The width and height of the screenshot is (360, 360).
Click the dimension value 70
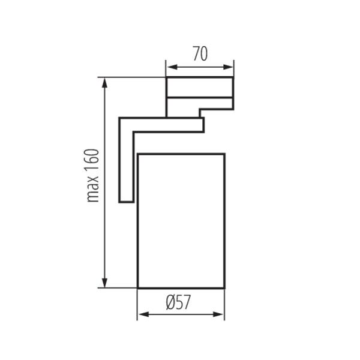[x=200, y=53]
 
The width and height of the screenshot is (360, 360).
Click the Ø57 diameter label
[x=178, y=302]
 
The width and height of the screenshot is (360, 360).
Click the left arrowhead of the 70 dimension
[x=172, y=67]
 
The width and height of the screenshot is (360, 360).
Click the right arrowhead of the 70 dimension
[x=228, y=67]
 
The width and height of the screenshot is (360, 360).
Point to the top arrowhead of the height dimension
[x=104, y=83]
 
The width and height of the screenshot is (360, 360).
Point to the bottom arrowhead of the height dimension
[x=104, y=283]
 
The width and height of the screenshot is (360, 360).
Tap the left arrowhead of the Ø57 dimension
[x=144, y=314]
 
